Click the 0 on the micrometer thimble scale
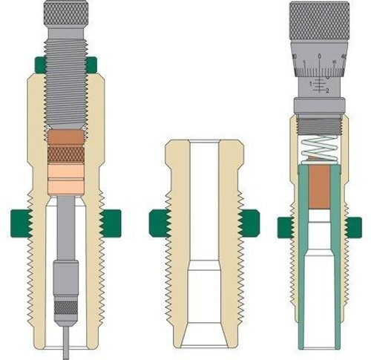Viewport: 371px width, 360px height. tap(319, 56)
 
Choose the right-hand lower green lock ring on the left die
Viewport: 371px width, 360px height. tap(110, 221)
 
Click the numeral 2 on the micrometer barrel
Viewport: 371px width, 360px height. tap(326, 91)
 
